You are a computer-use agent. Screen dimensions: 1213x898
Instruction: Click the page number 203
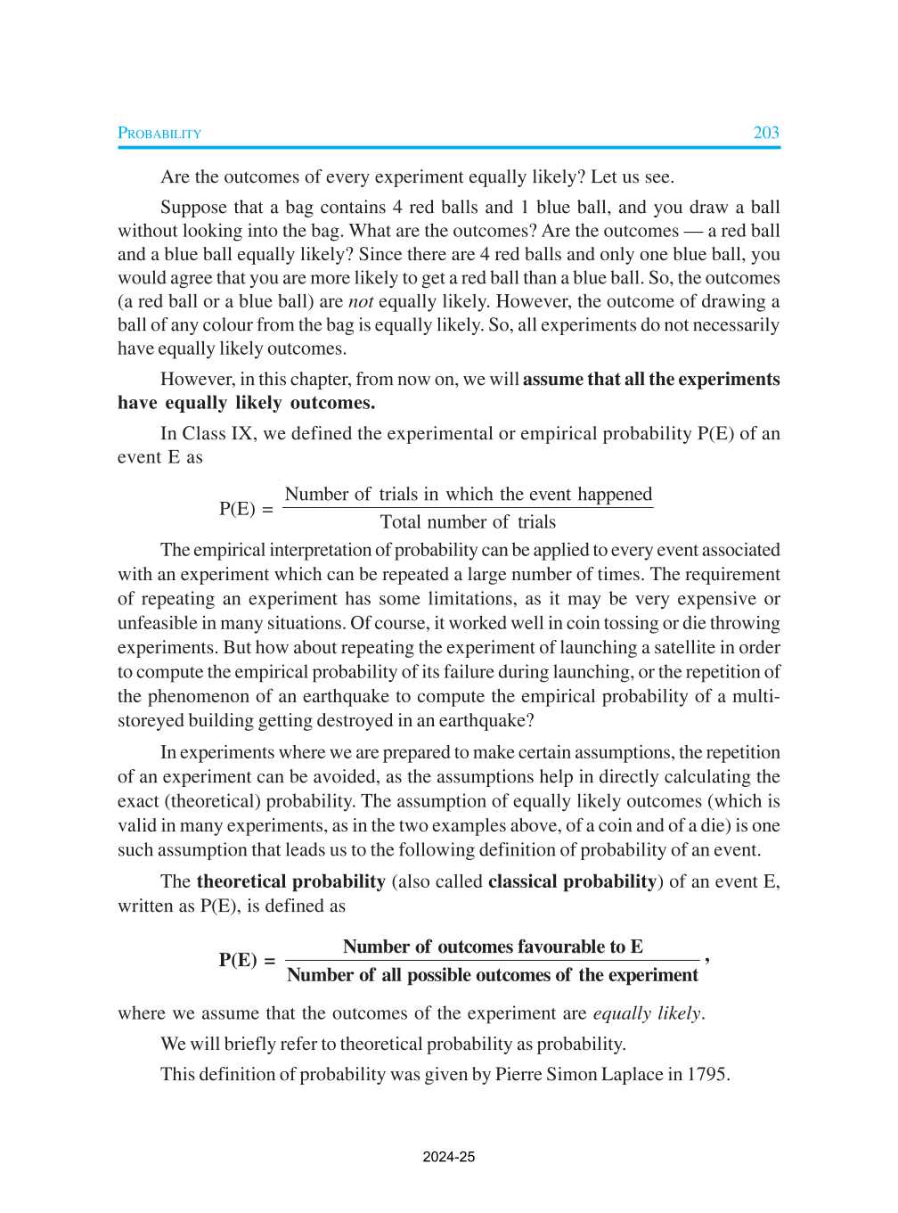coord(765,133)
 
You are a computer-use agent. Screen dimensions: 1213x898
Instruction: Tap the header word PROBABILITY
coord(159,134)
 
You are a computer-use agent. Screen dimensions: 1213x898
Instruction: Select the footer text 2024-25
coord(449,1157)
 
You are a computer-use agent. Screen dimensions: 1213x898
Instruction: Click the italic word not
coord(360,301)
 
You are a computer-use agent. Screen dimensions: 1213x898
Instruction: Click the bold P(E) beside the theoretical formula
coord(238,960)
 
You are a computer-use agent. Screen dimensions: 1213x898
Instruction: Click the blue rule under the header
coord(449,147)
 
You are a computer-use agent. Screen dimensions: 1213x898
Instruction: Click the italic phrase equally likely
coord(647,1013)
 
